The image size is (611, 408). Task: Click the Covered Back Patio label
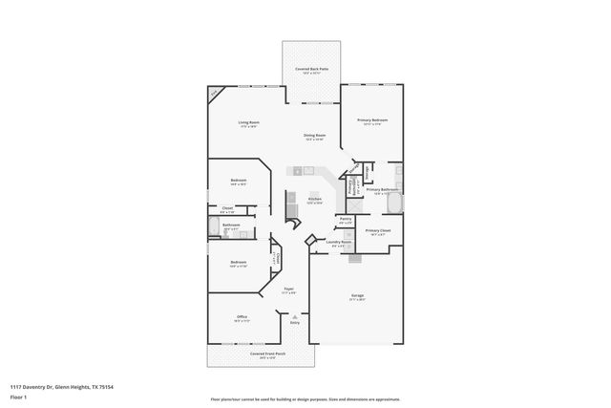310,70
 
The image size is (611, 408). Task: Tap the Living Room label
248,123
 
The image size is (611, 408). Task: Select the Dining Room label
314,136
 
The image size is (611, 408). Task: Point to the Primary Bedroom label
371,120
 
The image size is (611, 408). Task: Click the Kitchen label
313,199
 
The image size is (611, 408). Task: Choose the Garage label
357,295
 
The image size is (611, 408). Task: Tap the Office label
242,316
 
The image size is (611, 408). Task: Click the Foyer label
288,287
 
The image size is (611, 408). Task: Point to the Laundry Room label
339,242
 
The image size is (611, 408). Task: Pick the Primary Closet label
378,231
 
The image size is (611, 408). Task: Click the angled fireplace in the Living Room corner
215,93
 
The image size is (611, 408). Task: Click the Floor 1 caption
17,395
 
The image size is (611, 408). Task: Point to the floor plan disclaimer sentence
305,398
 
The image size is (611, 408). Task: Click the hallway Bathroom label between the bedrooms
230,225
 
